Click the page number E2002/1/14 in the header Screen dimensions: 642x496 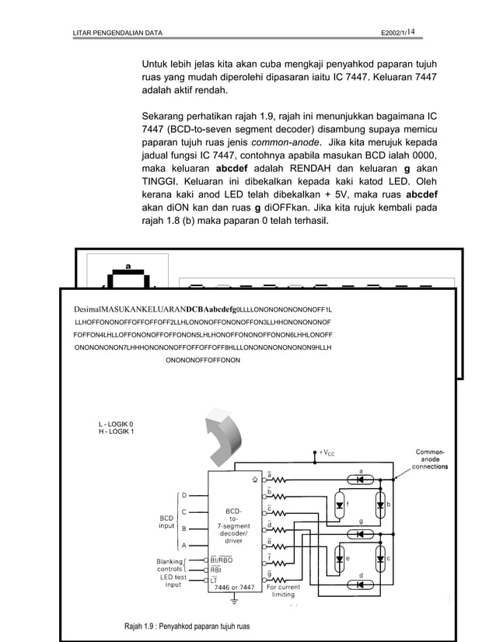click(396, 32)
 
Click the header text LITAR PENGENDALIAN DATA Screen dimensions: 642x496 click(117, 33)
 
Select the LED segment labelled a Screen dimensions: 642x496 click(360, 480)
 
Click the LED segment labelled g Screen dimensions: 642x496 click(360, 533)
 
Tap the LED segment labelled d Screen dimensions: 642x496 click(360, 584)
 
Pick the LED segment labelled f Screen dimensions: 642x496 click(340, 505)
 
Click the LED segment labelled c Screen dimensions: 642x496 click(380, 559)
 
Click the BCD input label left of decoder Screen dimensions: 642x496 click(166, 521)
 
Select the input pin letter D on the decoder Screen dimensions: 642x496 click(184, 494)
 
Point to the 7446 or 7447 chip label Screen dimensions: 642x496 click(234, 588)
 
